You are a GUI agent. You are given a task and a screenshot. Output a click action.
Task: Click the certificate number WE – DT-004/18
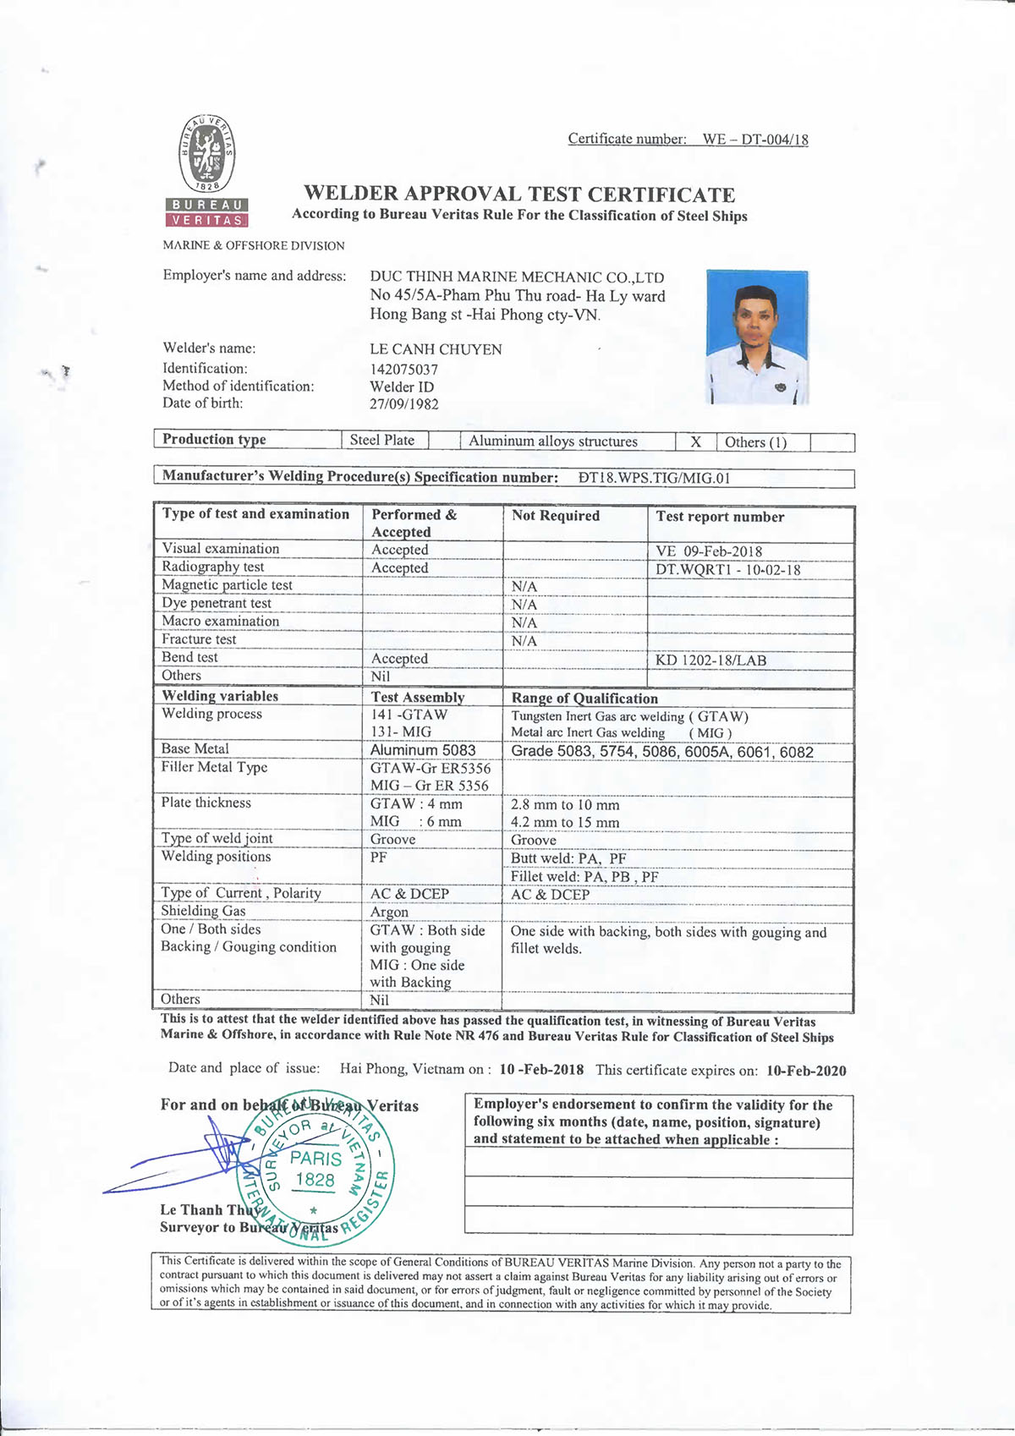click(754, 140)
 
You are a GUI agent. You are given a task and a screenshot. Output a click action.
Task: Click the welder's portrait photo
click(757, 337)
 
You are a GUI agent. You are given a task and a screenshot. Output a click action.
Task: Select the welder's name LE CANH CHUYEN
click(436, 349)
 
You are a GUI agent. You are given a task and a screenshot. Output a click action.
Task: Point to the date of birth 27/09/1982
click(404, 404)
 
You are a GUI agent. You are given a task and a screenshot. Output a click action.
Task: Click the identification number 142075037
click(404, 369)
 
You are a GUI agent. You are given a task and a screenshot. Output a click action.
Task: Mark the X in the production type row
click(695, 441)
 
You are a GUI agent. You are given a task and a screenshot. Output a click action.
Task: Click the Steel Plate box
click(382, 440)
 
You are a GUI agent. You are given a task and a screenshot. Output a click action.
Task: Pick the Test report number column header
click(720, 517)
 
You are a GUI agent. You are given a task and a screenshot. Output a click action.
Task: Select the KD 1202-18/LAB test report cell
click(710, 660)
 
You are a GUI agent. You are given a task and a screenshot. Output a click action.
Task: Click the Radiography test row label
click(213, 567)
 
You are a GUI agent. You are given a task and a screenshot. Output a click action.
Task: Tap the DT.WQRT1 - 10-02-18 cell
click(727, 569)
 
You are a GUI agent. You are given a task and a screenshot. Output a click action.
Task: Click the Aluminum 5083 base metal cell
click(423, 750)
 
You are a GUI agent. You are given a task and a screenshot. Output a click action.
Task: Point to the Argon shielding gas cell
click(389, 912)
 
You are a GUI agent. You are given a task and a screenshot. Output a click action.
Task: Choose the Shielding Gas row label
click(204, 911)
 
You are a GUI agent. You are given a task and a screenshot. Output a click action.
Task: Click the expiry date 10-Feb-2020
click(806, 1071)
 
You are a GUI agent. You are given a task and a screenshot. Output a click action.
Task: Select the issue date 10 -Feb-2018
click(541, 1069)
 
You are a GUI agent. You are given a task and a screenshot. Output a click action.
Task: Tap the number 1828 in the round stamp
click(315, 1180)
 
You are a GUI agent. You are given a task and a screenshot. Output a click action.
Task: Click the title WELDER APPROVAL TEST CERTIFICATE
click(519, 195)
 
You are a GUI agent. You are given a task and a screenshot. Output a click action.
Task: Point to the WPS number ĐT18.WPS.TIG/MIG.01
click(654, 478)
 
